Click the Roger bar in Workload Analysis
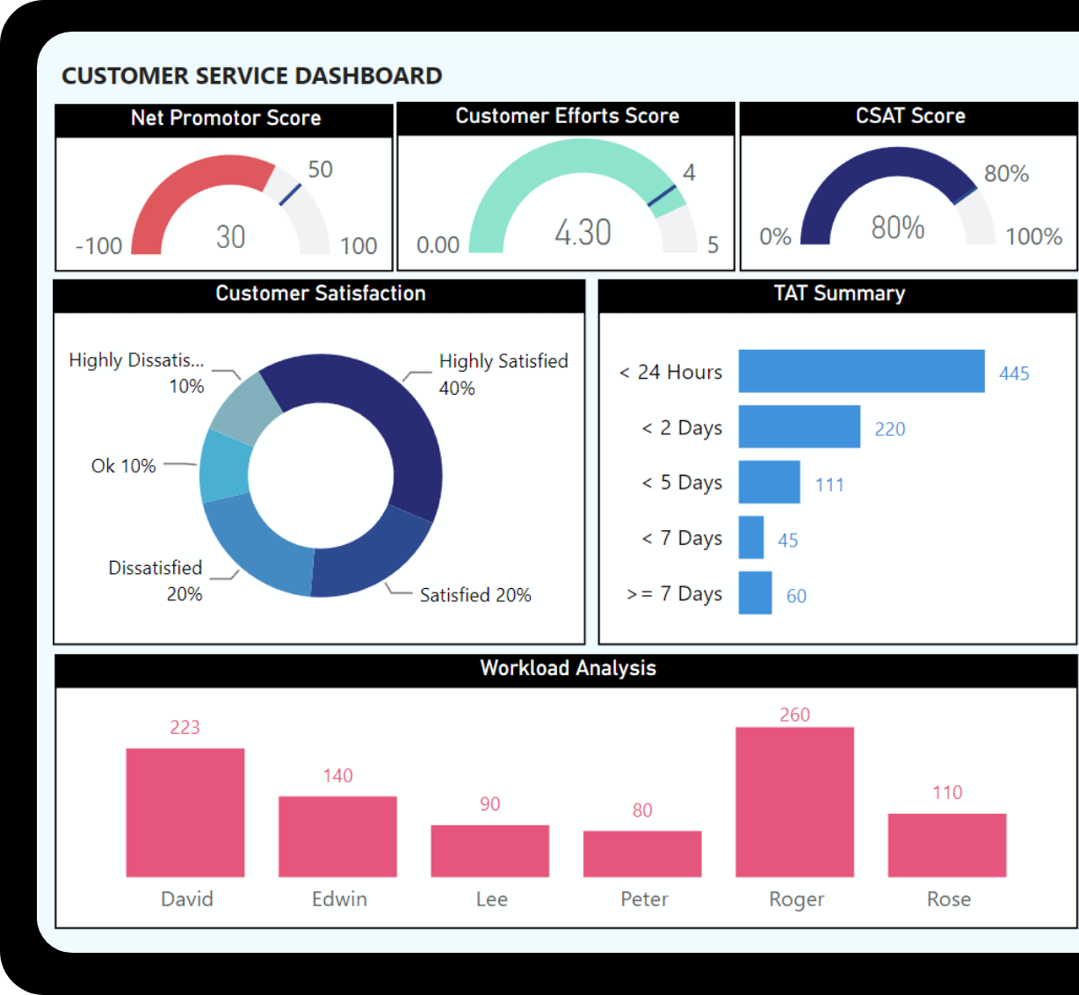794,802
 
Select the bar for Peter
642,853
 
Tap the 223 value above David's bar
185,728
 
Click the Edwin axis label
339,899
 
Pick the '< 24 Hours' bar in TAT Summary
861,371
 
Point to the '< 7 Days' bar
751,537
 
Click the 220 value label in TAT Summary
889,429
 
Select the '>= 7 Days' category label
674,594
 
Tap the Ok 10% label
123,466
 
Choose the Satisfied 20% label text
475,595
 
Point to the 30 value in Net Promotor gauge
231,236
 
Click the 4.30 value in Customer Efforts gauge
583,233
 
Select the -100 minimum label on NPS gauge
98,246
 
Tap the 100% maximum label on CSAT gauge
1033,236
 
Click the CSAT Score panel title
910,116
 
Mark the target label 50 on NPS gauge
320,170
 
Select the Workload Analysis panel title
568,668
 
